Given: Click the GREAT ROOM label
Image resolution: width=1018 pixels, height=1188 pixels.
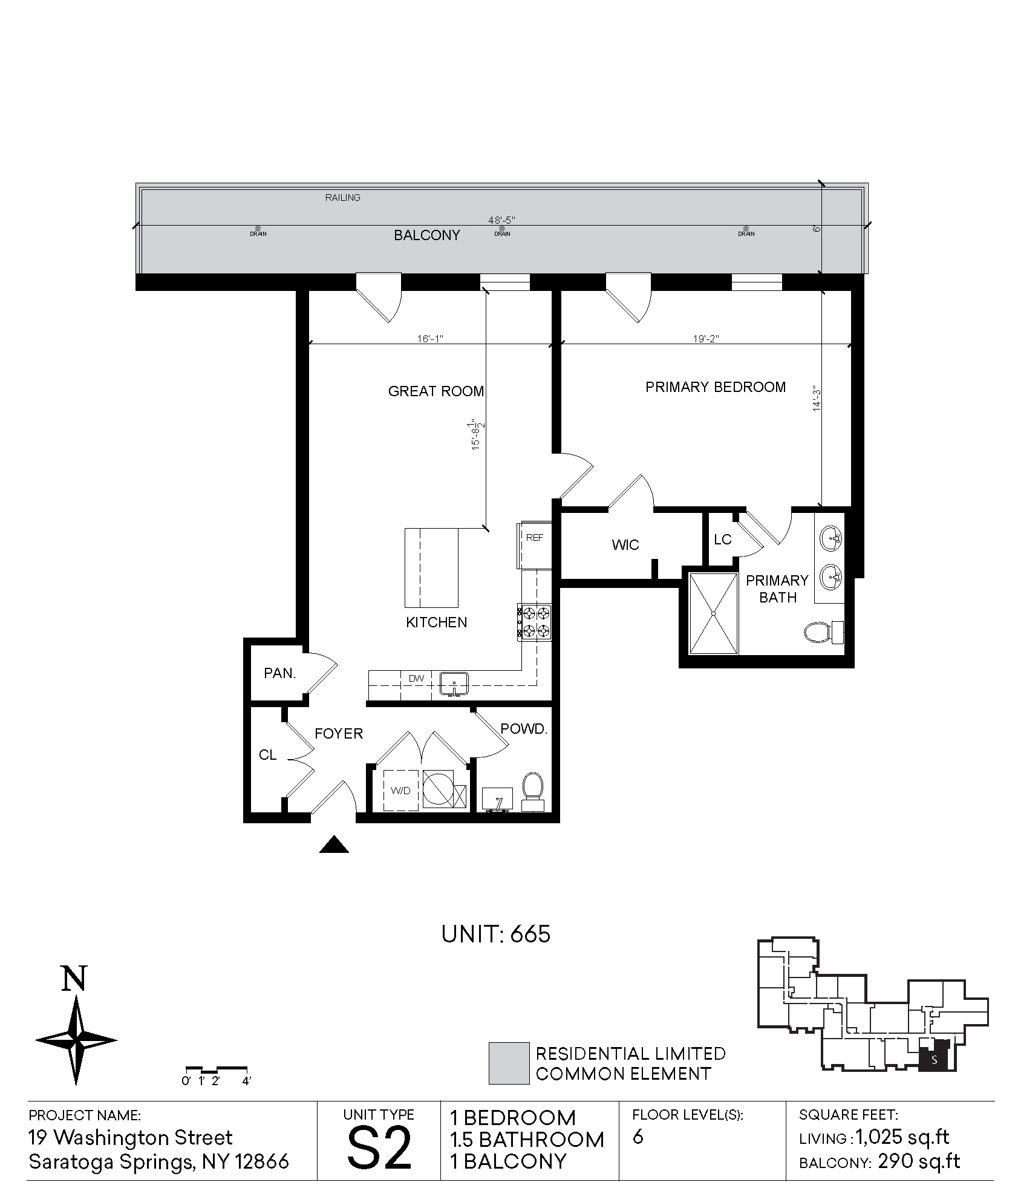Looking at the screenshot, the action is coord(436,391).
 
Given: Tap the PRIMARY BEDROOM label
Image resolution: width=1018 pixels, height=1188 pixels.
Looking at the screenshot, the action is coord(716,387).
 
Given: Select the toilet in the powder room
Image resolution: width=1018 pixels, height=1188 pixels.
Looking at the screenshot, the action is coord(532,791).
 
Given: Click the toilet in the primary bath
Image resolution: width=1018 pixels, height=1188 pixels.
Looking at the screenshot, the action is coord(824,632).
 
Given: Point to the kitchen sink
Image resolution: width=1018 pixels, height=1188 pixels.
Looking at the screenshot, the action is coord(454,684).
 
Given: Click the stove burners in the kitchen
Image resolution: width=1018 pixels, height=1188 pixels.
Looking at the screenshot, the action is coord(535,622).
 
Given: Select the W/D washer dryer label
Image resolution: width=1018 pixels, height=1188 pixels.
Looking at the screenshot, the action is coord(400,791).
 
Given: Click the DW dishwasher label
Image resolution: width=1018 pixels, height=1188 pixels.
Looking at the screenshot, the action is coord(416,679).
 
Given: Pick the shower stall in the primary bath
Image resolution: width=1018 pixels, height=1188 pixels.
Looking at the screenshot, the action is coord(714,613).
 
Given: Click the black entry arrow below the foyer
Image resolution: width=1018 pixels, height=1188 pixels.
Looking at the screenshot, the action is coord(334,844).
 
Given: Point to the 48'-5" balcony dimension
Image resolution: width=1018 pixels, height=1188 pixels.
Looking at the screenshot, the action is coord(501,220).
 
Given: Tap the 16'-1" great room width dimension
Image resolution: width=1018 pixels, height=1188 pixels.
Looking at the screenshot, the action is coord(430,339).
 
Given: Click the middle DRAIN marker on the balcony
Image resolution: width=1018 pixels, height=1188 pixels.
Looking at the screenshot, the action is coord(502,231).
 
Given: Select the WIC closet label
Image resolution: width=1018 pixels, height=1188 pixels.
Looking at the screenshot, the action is coord(625,545).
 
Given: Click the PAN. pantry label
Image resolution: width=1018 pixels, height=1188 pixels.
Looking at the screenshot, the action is coord(280,673).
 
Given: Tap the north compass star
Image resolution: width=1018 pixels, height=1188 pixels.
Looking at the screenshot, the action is coord(76,1040).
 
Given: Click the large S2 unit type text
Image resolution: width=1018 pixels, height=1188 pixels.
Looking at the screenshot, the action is coord(379,1147).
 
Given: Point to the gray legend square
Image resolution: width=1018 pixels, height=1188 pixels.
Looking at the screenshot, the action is coord(509,1063).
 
